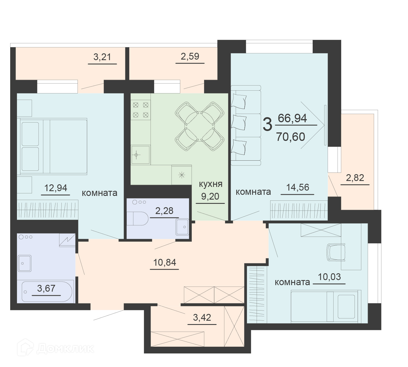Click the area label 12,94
pyautogui.click(x=55, y=188)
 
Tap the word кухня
pyautogui.click(x=211, y=184)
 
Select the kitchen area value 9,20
pyautogui.click(x=210, y=196)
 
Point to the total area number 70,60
pyautogui.click(x=291, y=137)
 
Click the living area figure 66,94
pyautogui.click(x=292, y=118)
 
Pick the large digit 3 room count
pyautogui.click(x=267, y=124)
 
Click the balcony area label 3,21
pyautogui.click(x=102, y=57)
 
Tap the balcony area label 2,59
pyautogui.click(x=190, y=56)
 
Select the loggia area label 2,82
pyautogui.click(x=355, y=178)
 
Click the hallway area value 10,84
pyautogui.click(x=165, y=263)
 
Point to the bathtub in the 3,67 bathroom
pyautogui.click(x=47, y=292)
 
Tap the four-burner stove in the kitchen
pyautogui.click(x=141, y=110)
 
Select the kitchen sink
pyautogui.click(x=141, y=155)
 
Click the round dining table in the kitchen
pyautogui.click(x=199, y=126)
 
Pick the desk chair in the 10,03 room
pyautogui.click(x=336, y=252)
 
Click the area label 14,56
pyautogui.click(x=298, y=187)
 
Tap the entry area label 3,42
pyautogui.click(x=202, y=317)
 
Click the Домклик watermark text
pyautogui.click(x=65, y=349)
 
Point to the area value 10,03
pyautogui.click(x=329, y=277)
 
